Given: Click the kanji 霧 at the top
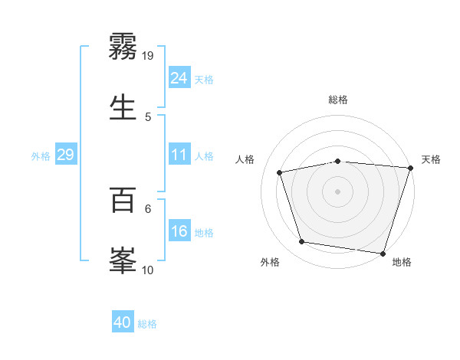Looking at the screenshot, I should click(123, 47).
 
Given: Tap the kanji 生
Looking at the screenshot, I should click(123, 106).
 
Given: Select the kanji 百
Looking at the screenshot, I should click(123, 201).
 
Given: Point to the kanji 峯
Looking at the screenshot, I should click(123, 259).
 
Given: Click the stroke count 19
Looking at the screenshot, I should click(148, 55).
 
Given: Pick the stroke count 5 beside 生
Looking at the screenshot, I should click(148, 116).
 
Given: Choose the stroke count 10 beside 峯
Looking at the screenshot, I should click(148, 270).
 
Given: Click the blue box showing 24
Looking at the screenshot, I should click(179, 78).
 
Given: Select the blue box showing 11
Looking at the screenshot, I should click(179, 155).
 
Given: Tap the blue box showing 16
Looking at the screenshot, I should click(179, 231).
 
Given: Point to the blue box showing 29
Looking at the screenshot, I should click(65, 155).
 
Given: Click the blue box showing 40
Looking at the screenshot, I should click(123, 322).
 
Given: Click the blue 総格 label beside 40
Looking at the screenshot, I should click(147, 324).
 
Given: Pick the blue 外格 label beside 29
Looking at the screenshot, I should click(41, 156).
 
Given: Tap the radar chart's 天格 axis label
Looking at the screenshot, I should click(431, 159).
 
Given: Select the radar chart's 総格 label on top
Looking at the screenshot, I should click(338, 100).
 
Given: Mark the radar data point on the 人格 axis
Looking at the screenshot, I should click(280, 172).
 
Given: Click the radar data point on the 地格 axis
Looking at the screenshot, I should click(383, 253).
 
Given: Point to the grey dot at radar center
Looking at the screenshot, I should click(337, 191).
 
